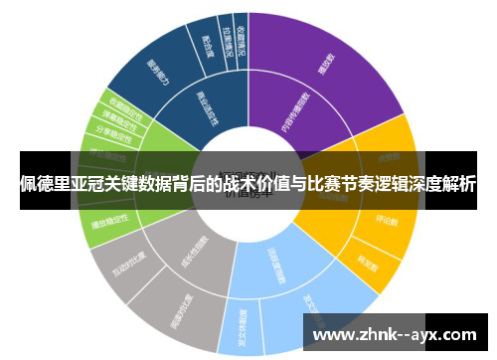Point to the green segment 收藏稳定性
click(x=119, y=109)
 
